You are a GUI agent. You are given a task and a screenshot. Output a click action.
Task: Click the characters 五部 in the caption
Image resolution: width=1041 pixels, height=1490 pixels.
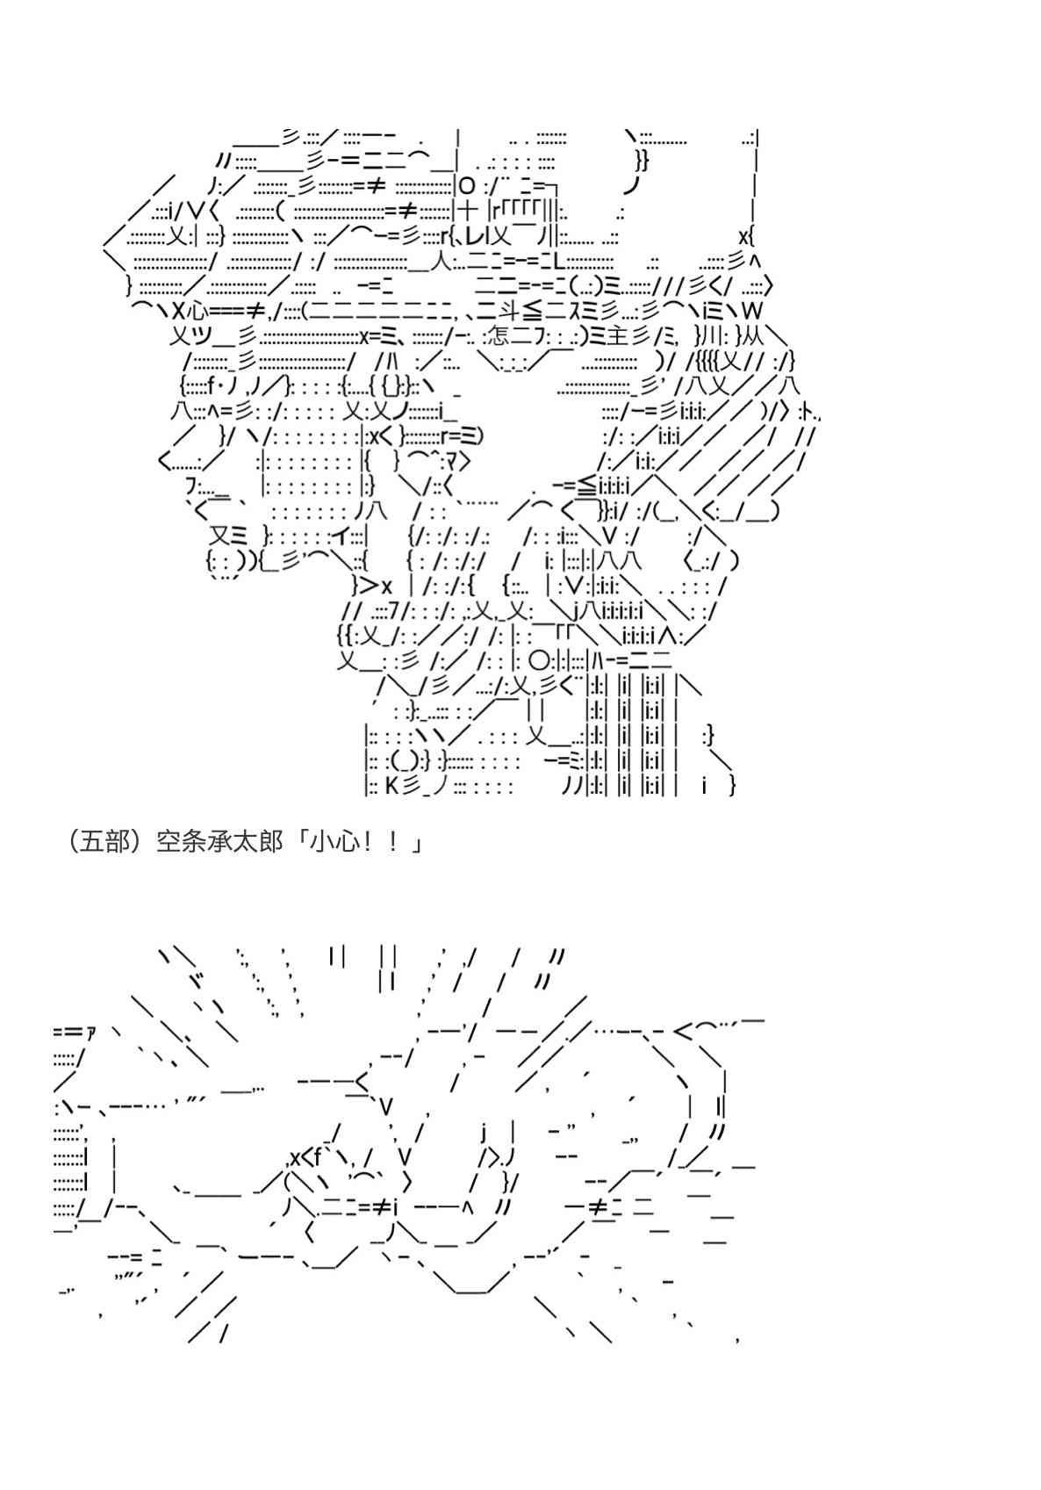click(x=103, y=842)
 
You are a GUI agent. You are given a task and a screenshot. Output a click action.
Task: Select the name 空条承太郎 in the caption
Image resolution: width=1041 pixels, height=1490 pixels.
click(x=219, y=842)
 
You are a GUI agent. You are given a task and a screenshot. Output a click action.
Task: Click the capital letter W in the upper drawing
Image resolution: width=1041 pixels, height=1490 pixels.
click(x=752, y=310)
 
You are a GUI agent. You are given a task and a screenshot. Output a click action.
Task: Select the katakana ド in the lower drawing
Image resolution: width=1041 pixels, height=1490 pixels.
click(x=198, y=981)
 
